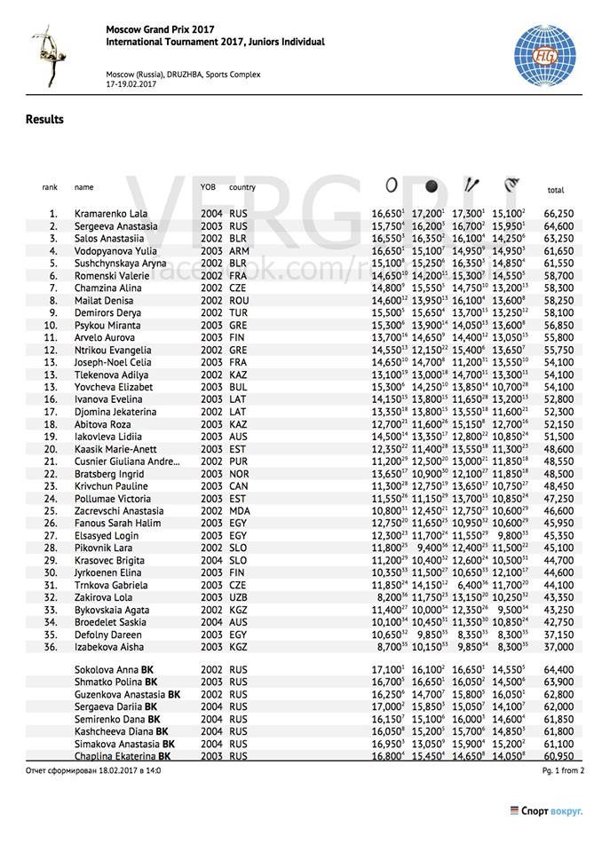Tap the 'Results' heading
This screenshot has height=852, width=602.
[x=44, y=119]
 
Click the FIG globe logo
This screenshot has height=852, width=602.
[x=544, y=55]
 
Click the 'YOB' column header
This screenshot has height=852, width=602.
[x=208, y=187]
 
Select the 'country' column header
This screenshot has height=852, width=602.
[x=242, y=187]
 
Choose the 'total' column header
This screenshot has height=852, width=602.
[x=556, y=190]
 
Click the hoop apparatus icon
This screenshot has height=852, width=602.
[x=392, y=185]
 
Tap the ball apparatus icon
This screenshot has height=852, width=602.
[x=432, y=186]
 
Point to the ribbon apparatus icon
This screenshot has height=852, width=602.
[x=511, y=185]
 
